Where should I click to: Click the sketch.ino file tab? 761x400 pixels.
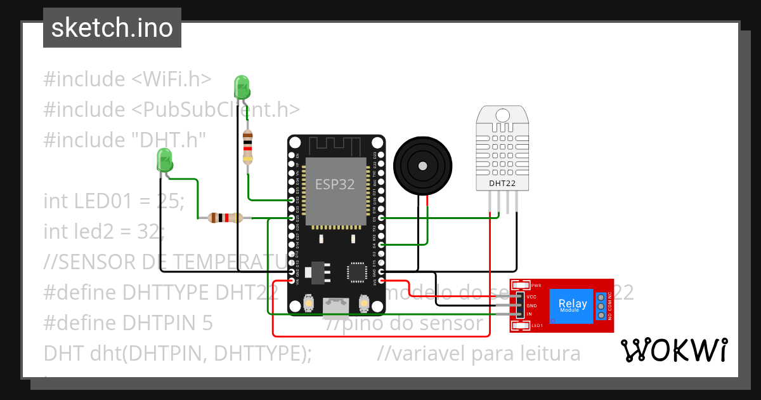pos(112,28)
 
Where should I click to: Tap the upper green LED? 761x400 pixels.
pos(242,87)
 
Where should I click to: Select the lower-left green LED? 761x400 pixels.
pos(164,159)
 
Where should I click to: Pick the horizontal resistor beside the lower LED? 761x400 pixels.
pos(225,218)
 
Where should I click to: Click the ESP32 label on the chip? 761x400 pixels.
pos(335,184)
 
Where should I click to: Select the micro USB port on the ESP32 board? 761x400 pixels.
pos(336,307)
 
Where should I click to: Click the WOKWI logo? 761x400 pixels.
pos(673,350)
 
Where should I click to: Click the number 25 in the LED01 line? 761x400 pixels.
pos(168,201)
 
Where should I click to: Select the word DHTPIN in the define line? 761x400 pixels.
pos(159,323)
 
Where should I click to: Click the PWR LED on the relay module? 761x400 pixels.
pos(521,286)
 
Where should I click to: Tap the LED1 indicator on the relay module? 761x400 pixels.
pos(521,326)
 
